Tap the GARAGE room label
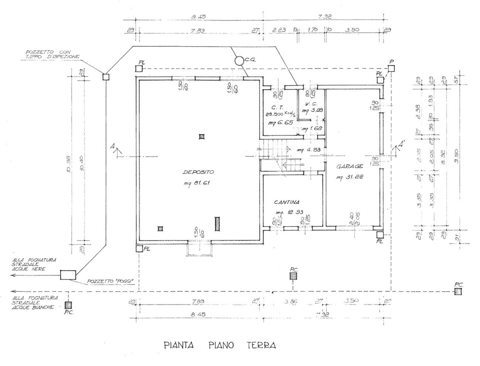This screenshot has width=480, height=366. pyautogui.click(x=349, y=166)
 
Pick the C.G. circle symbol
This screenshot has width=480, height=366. pyautogui.click(x=238, y=60)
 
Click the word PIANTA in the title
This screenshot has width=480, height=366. pyautogui.click(x=179, y=345)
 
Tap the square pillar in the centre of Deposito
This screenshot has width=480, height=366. pyautogui.click(x=201, y=136)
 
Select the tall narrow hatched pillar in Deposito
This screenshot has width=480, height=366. pyautogui.click(x=217, y=224)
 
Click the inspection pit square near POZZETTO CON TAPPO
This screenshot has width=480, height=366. pyautogui.click(x=106, y=77)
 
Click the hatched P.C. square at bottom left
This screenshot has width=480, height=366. pyautogui.click(x=68, y=305)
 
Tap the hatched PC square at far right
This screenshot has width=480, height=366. pyautogui.click(x=458, y=292)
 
